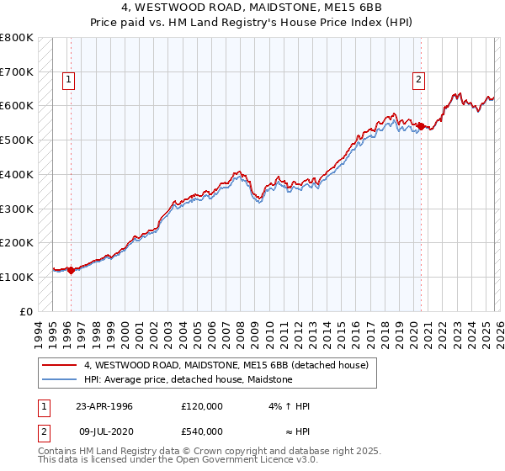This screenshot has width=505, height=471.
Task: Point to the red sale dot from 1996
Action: pyautogui.click(x=71, y=270)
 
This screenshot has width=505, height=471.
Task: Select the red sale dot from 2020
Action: pyautogui.click(x=420, y=126)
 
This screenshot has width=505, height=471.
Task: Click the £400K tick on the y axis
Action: pyautogui.click(x=17, y=174)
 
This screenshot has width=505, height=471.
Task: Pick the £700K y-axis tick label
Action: pyautogui.click(x=17, y=71)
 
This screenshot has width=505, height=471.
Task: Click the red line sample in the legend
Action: pyautogui.click(x=58, y=366)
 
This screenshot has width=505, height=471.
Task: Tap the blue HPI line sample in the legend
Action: pyautogui.click(x=58, y=380)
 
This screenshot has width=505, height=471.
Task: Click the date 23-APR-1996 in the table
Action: pyautogui.click(x=104, y=406)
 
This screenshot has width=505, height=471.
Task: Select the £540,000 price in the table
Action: pyautogui.click(x=201, y=431)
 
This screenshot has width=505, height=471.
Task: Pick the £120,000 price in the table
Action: pyautogui.click(x=201, y=406)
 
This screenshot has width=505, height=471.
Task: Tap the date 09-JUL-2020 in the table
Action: pyautogui.click(x=104, y=431)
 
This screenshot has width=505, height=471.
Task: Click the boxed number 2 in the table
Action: pyautogui.click(x=43, y=431)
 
